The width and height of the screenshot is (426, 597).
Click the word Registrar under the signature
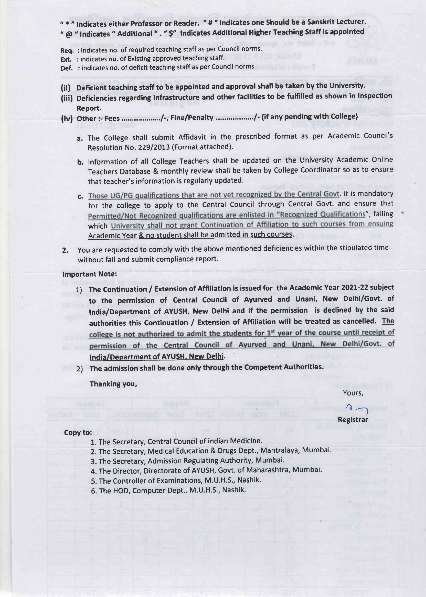(x=353, y=420)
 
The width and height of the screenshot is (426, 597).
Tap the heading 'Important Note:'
(x=89, y=274)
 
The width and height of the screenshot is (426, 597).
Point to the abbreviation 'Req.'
(x=67, y=50)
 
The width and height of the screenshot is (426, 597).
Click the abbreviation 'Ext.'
(x=66, y=59)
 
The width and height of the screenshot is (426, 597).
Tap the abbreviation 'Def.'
(x=67, y=68)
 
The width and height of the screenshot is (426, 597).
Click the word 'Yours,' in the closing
(x=353, y=393)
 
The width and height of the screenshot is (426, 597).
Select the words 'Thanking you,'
(x=113, y=384)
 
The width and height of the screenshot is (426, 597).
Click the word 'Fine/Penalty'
(x=192, y=118)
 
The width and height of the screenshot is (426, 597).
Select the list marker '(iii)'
(x=67, y=98)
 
